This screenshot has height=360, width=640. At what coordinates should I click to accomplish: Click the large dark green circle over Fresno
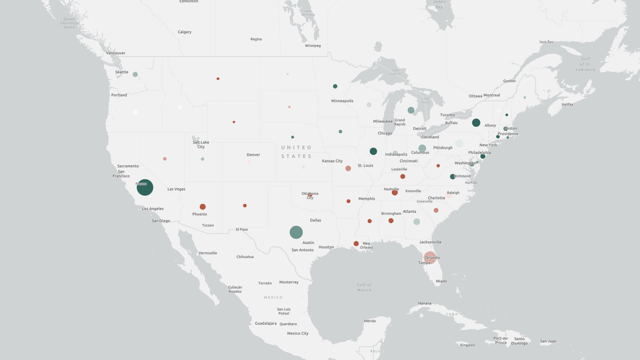pos(145,187)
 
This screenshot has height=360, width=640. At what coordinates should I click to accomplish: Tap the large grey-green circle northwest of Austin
pos(296,232)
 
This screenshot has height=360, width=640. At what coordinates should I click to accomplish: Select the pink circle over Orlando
pos(430,257)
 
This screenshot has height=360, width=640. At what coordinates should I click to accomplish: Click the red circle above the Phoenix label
pos(203,207)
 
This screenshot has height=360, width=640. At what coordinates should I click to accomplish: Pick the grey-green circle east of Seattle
pos(135,74)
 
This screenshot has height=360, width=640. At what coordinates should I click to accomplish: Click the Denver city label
pos(253,155)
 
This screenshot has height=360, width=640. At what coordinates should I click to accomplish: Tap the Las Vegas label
pos(176,189)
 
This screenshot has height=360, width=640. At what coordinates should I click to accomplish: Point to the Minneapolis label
pos(342,101)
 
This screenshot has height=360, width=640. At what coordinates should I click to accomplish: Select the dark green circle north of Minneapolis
pos(335,86)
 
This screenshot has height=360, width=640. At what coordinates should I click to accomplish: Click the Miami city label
pos(441,281)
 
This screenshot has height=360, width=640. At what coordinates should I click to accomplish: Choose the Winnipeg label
pos(313,46)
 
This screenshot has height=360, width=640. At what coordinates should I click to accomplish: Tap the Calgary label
pos(185,32)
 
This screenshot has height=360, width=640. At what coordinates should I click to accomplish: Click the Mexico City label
pos(298,333)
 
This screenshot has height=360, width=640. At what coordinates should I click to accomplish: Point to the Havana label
pos(425,303)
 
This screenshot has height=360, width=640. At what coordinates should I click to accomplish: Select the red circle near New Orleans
pos(356,244)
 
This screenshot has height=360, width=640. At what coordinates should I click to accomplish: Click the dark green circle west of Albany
pos(476,123)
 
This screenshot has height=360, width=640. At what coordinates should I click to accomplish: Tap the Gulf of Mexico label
pos(364,287)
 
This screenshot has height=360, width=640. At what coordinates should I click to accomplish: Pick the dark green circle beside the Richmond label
pos(452,177)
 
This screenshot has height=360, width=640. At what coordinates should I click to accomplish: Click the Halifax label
pos(567,105)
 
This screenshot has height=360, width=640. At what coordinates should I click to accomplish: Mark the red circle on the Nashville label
pos(395,192)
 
